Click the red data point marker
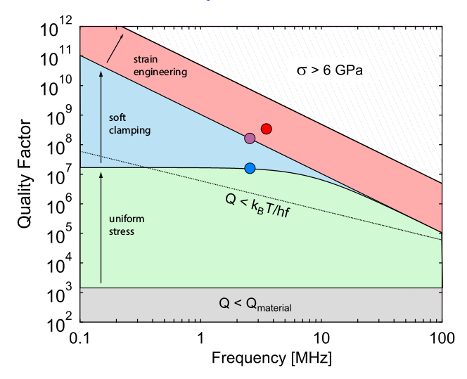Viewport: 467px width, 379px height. point(266,129)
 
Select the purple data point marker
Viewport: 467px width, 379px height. point(250,139)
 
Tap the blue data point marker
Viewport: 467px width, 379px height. point(250,168)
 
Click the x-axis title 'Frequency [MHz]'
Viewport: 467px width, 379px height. point(262,358)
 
